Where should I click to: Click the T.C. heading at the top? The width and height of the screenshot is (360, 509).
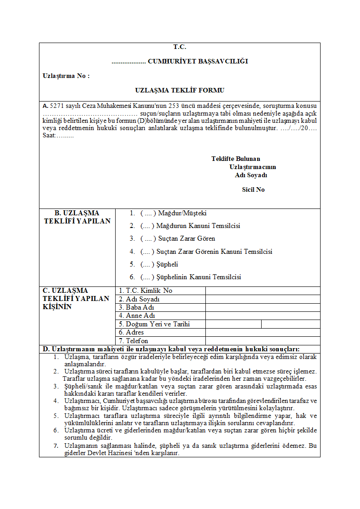(180, 47)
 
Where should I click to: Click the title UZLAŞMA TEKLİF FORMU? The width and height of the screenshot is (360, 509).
(180, 90)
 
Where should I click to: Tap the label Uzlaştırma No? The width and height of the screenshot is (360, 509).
(66, 76)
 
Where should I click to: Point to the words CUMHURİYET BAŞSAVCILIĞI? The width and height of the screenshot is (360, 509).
(198, 61)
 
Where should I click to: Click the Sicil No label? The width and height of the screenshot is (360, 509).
(253, 189)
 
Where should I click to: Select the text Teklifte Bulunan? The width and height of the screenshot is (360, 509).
(236, 159)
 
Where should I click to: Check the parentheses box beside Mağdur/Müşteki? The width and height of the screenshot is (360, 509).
(148, 213)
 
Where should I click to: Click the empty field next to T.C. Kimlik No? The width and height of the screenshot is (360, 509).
(263, 291)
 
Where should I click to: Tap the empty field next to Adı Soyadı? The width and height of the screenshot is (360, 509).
(263, 299)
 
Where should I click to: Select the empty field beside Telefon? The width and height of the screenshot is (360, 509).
(263, 341)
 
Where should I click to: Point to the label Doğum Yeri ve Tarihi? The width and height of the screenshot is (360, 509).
(154, 324)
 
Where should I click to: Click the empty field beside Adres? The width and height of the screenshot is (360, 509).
(263, 332)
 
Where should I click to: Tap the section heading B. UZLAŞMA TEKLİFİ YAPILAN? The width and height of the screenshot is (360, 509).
(77, 217)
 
